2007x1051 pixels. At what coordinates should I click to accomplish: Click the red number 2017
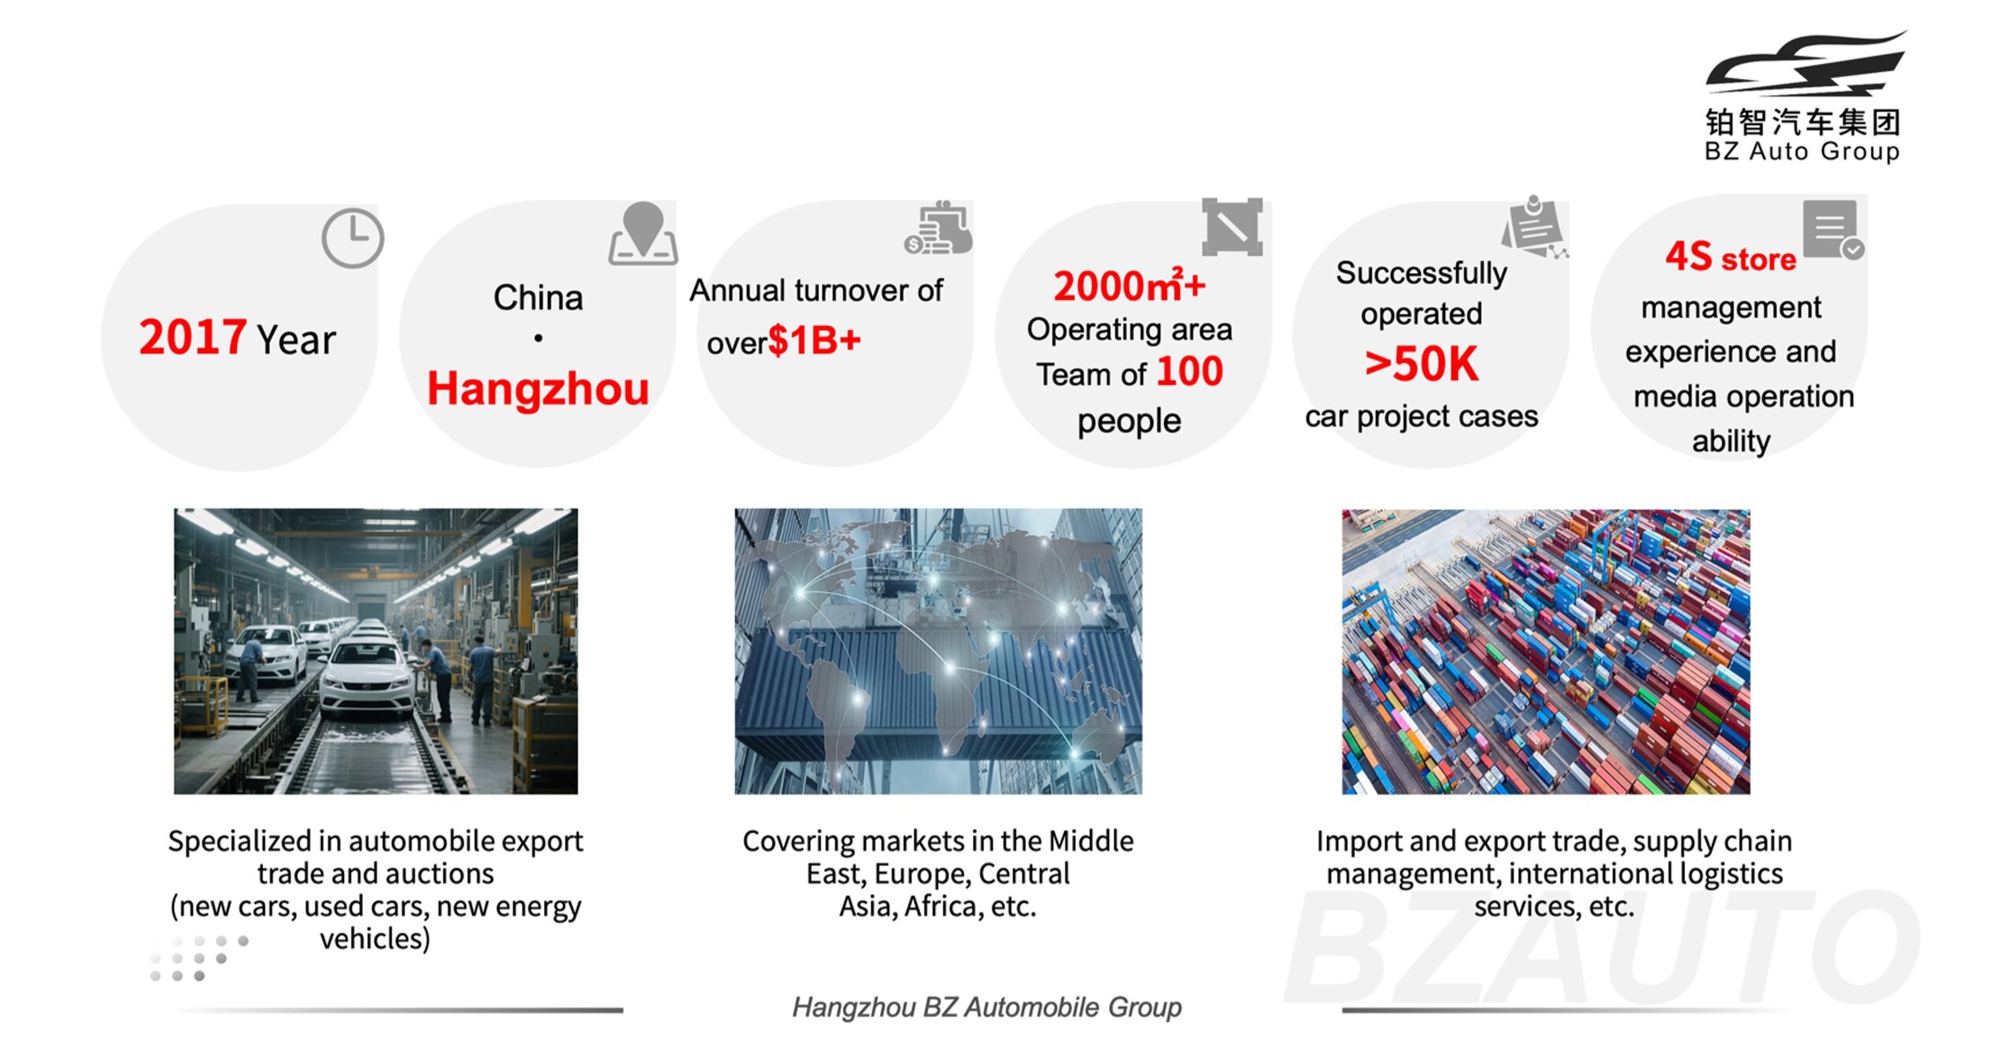point(192,338)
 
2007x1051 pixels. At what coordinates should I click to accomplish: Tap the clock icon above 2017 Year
point(352,238)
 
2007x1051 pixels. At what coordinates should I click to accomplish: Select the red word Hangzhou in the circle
point(538,389)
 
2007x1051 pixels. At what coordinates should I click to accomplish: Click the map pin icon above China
point(643,233)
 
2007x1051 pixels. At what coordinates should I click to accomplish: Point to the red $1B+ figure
point(814,340)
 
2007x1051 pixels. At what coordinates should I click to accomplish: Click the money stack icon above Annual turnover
point(938,228)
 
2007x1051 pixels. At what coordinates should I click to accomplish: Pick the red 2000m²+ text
point(1129,285)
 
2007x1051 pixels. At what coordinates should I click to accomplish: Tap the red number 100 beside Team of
point(1189,371)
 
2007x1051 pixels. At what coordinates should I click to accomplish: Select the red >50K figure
point(1421,364)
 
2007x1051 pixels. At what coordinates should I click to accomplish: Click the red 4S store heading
point(1731,257)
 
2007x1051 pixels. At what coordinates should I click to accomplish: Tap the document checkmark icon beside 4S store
point(1833,229)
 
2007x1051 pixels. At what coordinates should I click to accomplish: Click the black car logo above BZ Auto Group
point(1806,67)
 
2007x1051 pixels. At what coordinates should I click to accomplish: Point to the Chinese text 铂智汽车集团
point(1802,123)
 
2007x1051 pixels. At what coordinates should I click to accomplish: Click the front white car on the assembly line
point(368,679)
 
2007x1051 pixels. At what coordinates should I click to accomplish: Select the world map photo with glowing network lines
point(938,651)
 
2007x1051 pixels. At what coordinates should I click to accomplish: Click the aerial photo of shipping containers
point(1546,651)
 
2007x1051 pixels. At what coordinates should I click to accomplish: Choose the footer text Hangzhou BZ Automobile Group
point(986,1007)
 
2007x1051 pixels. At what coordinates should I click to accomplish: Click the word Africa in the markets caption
point(940,907)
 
